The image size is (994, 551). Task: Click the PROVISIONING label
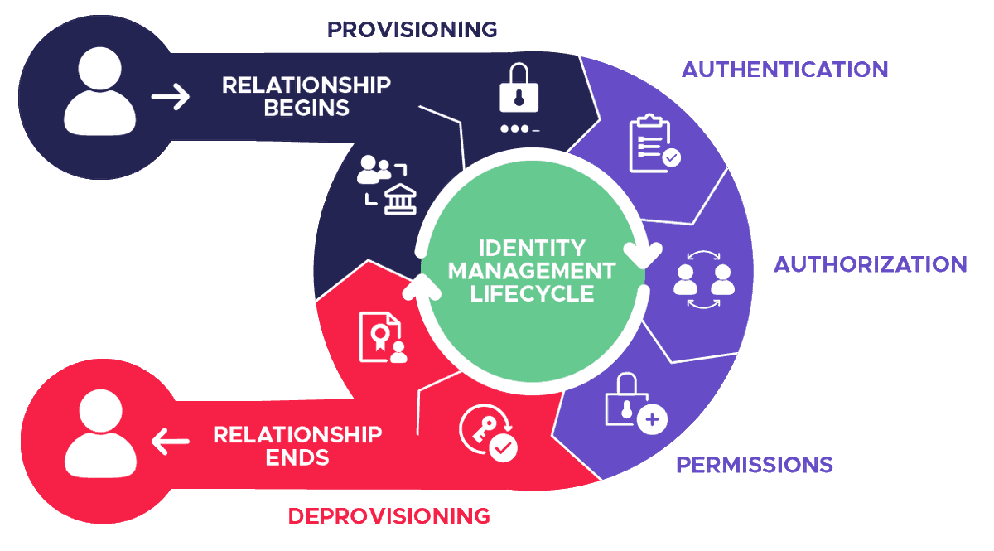(412, 30)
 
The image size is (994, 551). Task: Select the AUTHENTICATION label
(784, 69)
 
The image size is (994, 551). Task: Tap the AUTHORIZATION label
(870, 264)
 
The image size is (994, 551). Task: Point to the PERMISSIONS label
(754, 465)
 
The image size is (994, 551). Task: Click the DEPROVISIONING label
(389, 516)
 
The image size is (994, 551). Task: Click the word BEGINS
(306, 108)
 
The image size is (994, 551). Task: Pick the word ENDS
(297, 457)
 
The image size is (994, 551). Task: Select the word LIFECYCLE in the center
(532, 292)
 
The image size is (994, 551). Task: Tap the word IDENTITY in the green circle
(533, 248)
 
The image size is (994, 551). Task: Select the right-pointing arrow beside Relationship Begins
(171, 97)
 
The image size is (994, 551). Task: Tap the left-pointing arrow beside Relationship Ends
(171, 442)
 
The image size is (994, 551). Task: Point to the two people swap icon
(703, 279)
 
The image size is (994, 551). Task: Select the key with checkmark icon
(489, 433)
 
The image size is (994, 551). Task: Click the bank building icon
(400, 199)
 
